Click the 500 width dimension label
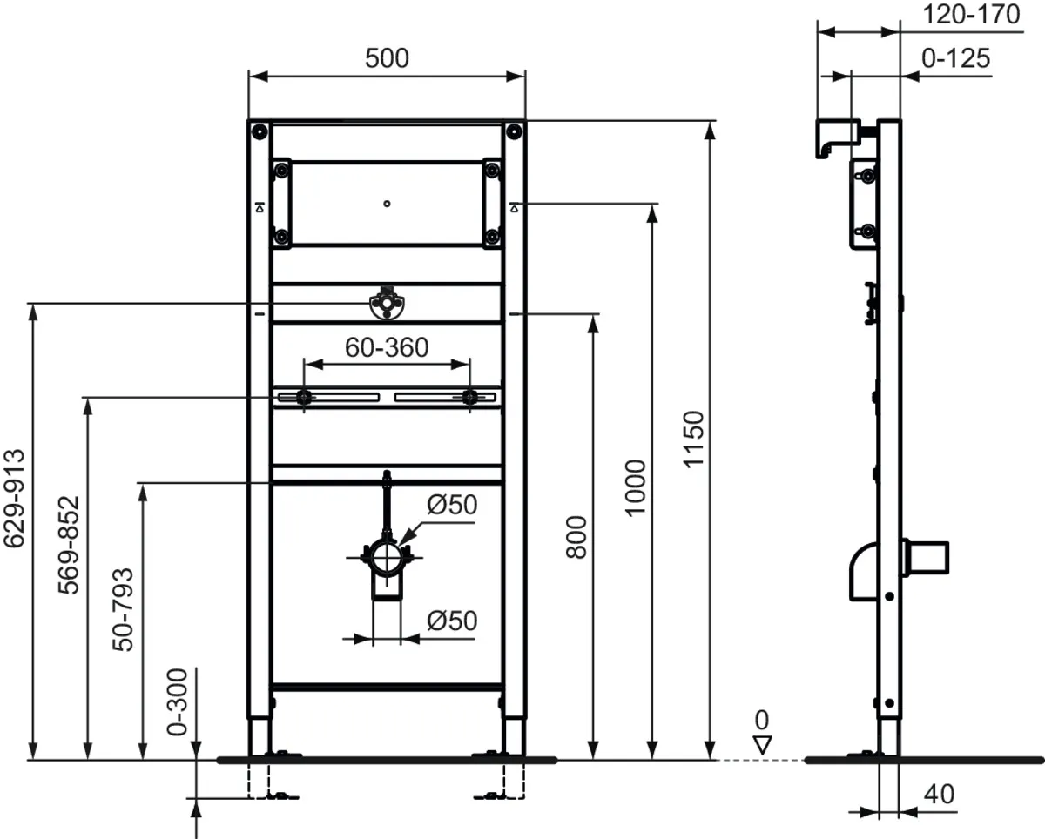[387, 58]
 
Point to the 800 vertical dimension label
[577, 536]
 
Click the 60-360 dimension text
[387, 347]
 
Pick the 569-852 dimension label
[70, 545]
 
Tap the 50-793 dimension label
[124, 608]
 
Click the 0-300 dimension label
[177, 701]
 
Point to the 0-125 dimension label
[955, 58]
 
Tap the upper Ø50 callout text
[453, 505]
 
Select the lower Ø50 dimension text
[453, 620]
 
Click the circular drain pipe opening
[386, 554]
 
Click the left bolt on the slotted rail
[302, 398]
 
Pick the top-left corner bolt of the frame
[259, 132]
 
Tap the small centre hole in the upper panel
[387, 205]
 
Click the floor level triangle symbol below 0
[763, 744]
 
